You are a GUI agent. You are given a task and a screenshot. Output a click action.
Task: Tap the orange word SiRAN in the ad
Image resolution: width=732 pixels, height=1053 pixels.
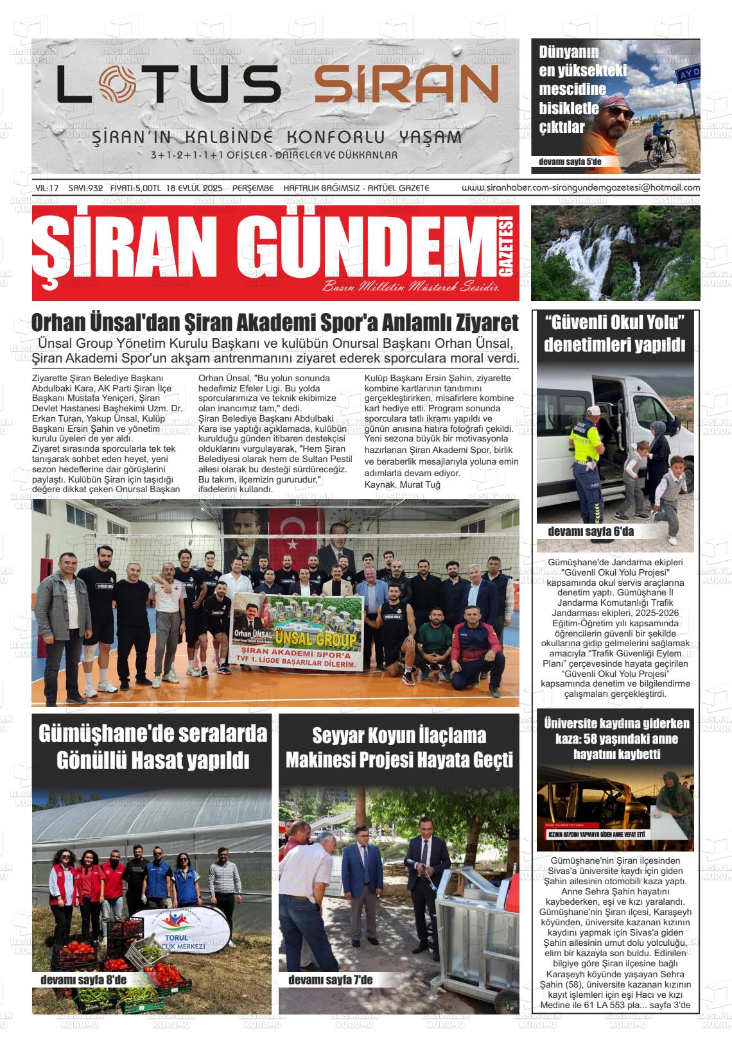pyautogui.click(x=406, y=85)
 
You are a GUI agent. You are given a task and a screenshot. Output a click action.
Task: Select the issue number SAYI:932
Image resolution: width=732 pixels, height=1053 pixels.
pyautogui.click(x=85, y=188)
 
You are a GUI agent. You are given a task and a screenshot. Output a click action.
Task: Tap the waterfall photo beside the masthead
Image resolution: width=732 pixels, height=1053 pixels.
pyautogui.click(x=615, y=253)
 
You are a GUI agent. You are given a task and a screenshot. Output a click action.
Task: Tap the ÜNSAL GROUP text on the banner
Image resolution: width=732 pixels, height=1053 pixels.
pyautogui.click(x=315, y=638)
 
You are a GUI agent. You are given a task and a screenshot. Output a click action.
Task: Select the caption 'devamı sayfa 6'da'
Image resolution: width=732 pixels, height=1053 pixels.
pyautogui.click(x=590, y=532)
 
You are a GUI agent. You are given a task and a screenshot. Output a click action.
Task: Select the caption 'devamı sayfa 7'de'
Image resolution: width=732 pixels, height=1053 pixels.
pyautogui.click(x=330, y=980)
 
